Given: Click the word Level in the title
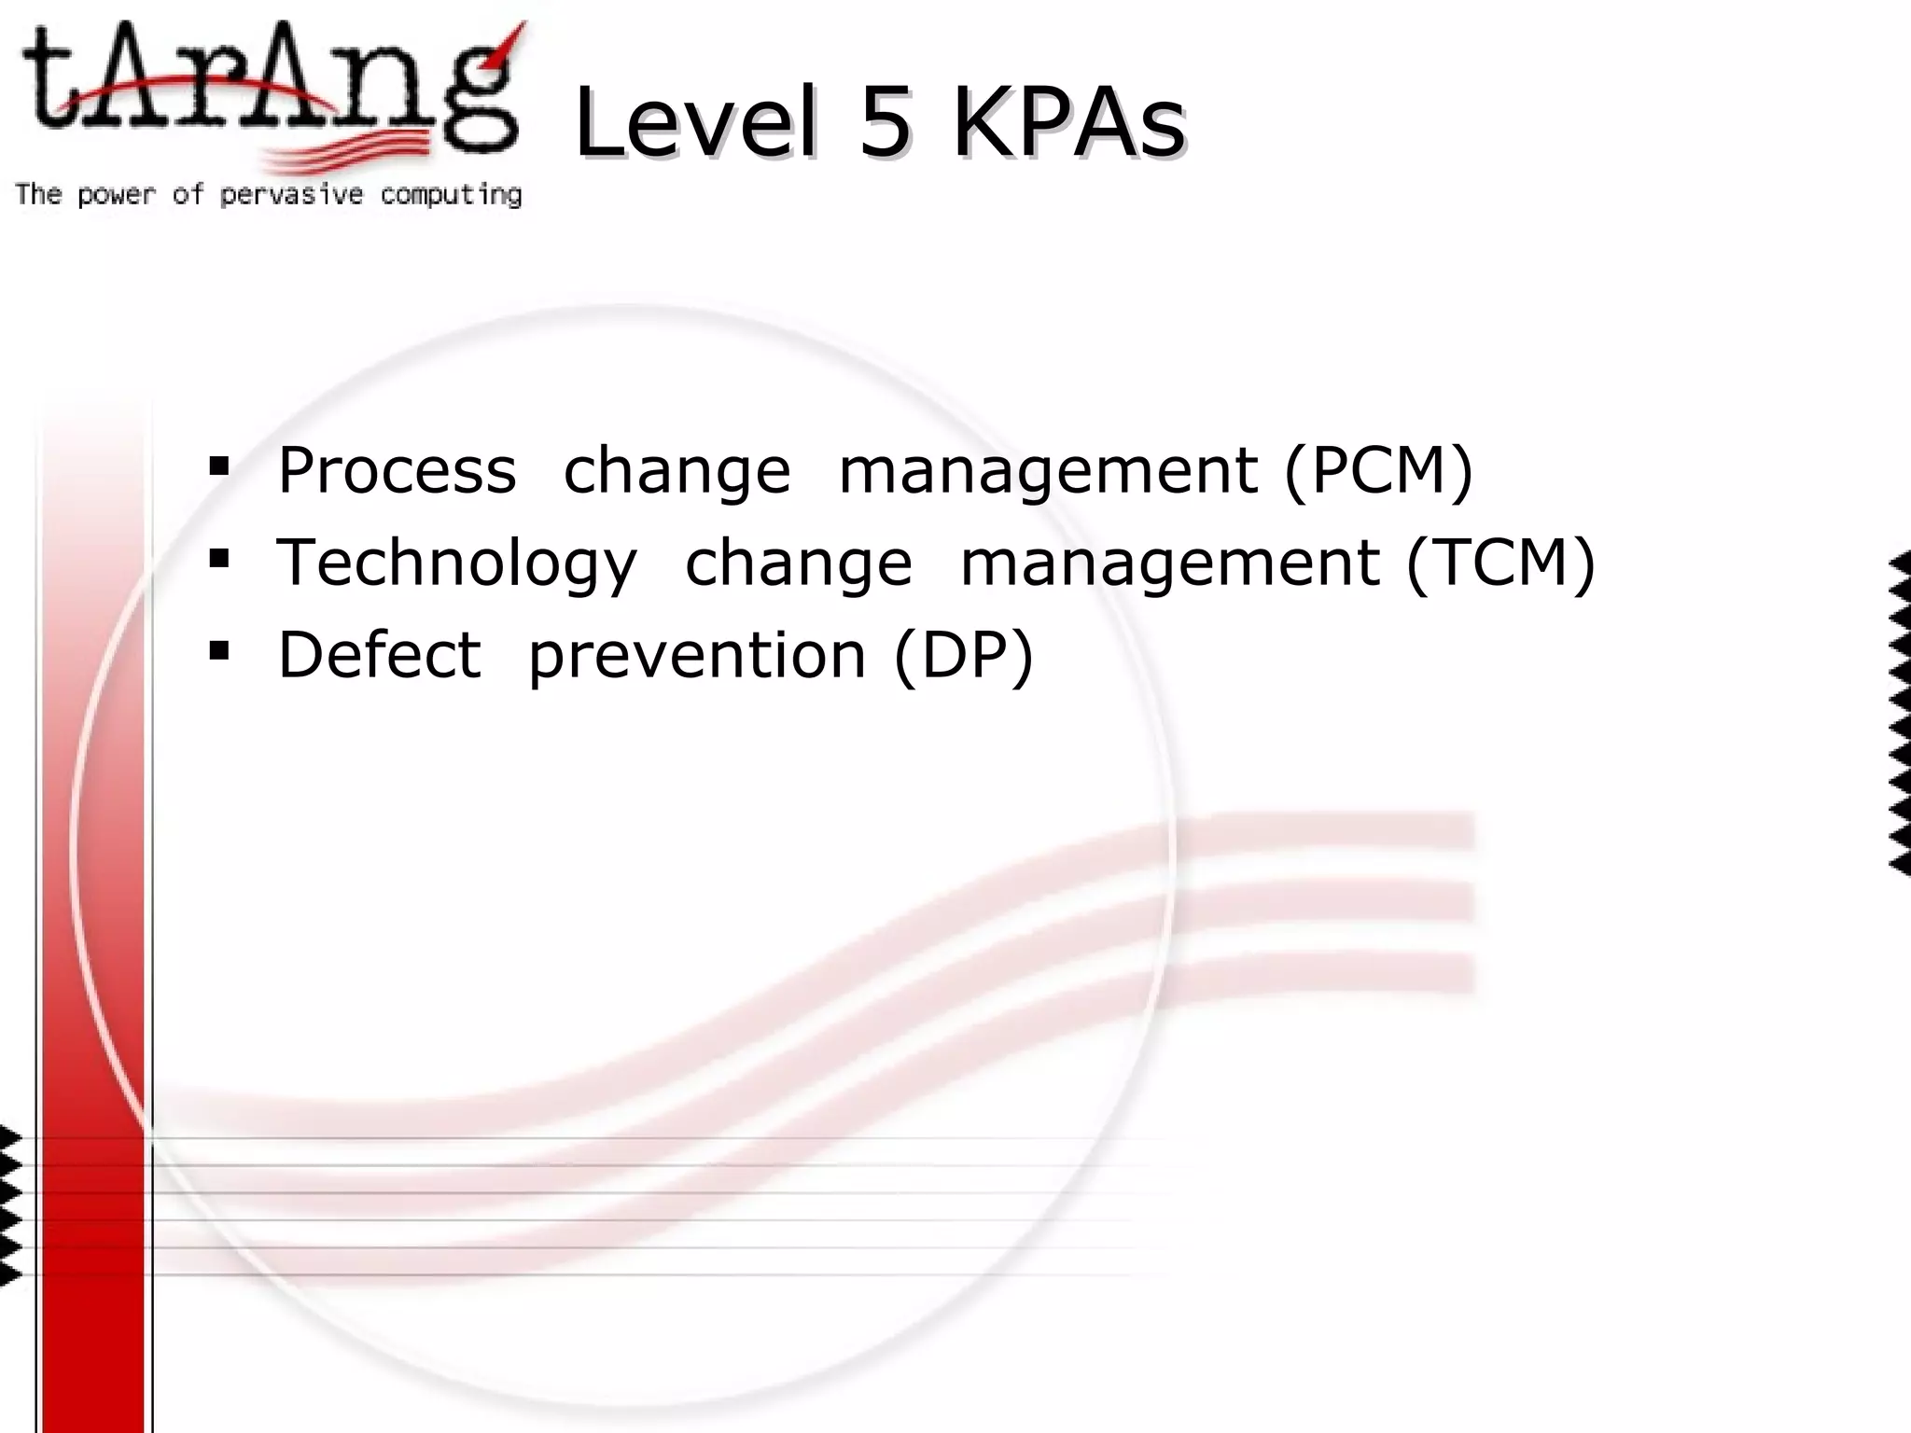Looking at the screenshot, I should coord(695,123).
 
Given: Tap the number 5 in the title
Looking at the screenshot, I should coord(884,123).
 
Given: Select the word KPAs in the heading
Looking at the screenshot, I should coord(1067,123).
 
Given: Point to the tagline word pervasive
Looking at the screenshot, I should coord(291,195).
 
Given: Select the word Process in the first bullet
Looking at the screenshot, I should coord(397,470).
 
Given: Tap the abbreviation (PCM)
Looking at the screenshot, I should coord(1378,470).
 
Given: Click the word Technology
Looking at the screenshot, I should coord(457,563).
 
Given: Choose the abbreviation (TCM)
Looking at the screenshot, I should coord(1500,563).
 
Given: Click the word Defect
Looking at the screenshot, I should coord(380,655).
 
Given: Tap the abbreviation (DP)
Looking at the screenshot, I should coord(964,655).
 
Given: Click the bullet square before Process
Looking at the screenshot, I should coord(219,466).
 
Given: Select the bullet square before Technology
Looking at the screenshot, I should coord(219,559).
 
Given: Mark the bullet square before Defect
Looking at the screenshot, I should coord(219,650).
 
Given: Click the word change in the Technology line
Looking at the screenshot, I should coord(799,563).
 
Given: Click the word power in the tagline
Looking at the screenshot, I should coord(116,195).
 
